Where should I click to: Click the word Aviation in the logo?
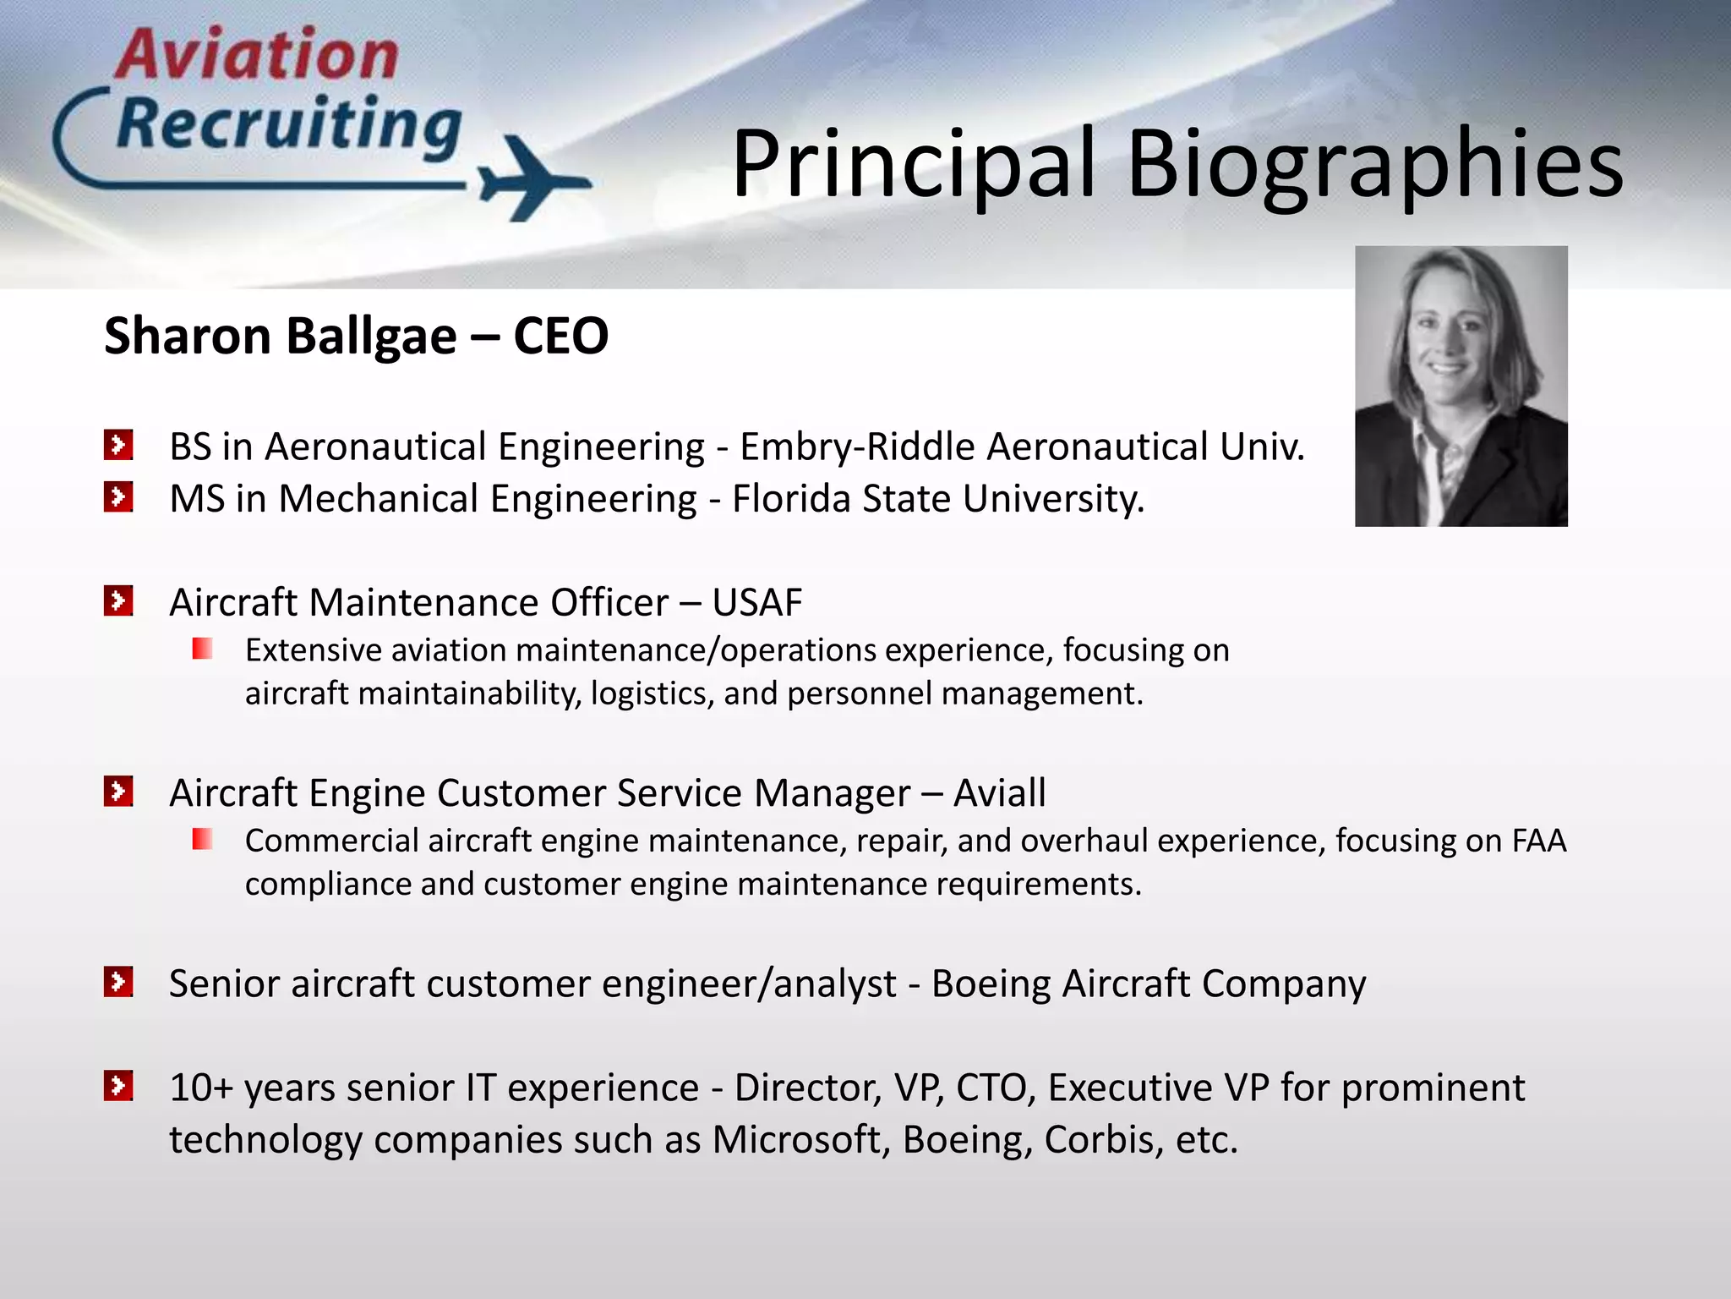tap(257, 56)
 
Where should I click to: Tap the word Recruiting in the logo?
tap(289, 126)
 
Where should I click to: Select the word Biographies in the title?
tap(1374, 165)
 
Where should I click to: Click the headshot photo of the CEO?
tap(1461, 386)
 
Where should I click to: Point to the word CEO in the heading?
tap(560, 336)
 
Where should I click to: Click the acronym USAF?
tap(756, 603)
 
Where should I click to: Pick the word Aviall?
tap(999, 793)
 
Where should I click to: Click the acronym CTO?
tap(995, 1088)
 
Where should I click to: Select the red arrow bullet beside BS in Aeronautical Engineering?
tap(118, 445)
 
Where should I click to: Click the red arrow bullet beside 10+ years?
tap(118, 1086)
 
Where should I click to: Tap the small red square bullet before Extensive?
tap(202, 649)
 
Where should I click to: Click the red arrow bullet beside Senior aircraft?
tap(118, 982)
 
